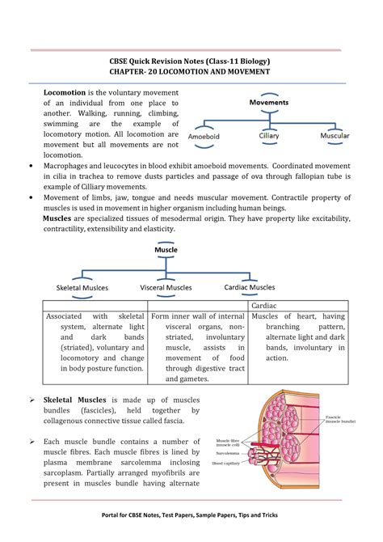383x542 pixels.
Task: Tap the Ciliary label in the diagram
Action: coord(270,136)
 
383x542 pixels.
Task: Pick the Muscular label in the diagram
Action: coord(335,136)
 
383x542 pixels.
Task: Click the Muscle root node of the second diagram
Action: coord(166,250)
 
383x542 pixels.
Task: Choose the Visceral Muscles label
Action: coord(166,287)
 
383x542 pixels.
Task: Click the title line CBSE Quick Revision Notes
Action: coord(190,60)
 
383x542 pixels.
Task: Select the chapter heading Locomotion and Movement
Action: coord(190,72)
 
